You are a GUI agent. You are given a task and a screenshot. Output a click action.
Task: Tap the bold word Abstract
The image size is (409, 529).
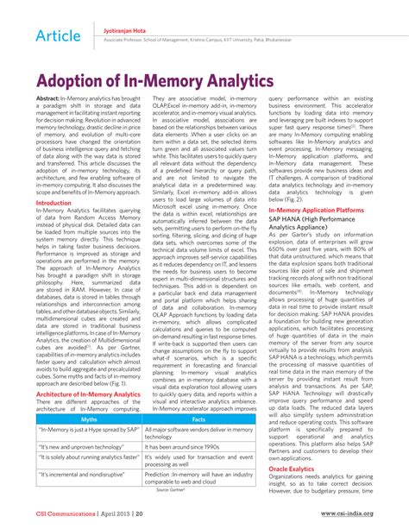coord(48,101)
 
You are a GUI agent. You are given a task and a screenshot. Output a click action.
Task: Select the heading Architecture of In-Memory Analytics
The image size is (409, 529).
coord(87,394)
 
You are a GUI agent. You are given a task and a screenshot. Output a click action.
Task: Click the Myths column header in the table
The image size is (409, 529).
coord(89,419)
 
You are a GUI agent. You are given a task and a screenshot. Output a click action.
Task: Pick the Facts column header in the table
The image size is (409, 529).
coord(198,419)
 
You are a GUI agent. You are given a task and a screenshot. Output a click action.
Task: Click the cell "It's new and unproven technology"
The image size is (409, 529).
coord(82,448)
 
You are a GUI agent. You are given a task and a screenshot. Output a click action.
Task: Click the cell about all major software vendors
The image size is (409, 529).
coord(198,432)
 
